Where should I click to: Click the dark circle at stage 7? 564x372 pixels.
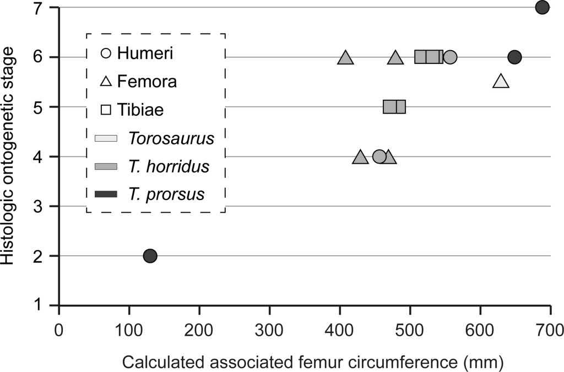coord(543,8)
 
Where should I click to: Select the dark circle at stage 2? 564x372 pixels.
coord(150,256)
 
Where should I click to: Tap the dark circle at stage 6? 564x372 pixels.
coord(514,57)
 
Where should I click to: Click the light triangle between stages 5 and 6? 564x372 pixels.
coord(501,82)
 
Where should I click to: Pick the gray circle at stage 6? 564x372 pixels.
coord(450,57)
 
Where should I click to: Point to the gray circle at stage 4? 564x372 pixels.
coord(379,157)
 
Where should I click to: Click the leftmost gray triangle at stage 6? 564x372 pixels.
coord(345,58)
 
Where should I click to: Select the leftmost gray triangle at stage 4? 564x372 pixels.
coord(360,158)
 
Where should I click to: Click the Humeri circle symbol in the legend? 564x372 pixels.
coord(106,53)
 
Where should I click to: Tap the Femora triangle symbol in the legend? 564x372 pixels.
coord(106,82)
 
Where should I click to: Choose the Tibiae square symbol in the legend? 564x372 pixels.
coord(106,110)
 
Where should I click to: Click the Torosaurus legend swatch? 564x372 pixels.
coord(106,138)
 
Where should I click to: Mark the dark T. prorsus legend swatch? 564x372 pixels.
coord(106,194)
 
